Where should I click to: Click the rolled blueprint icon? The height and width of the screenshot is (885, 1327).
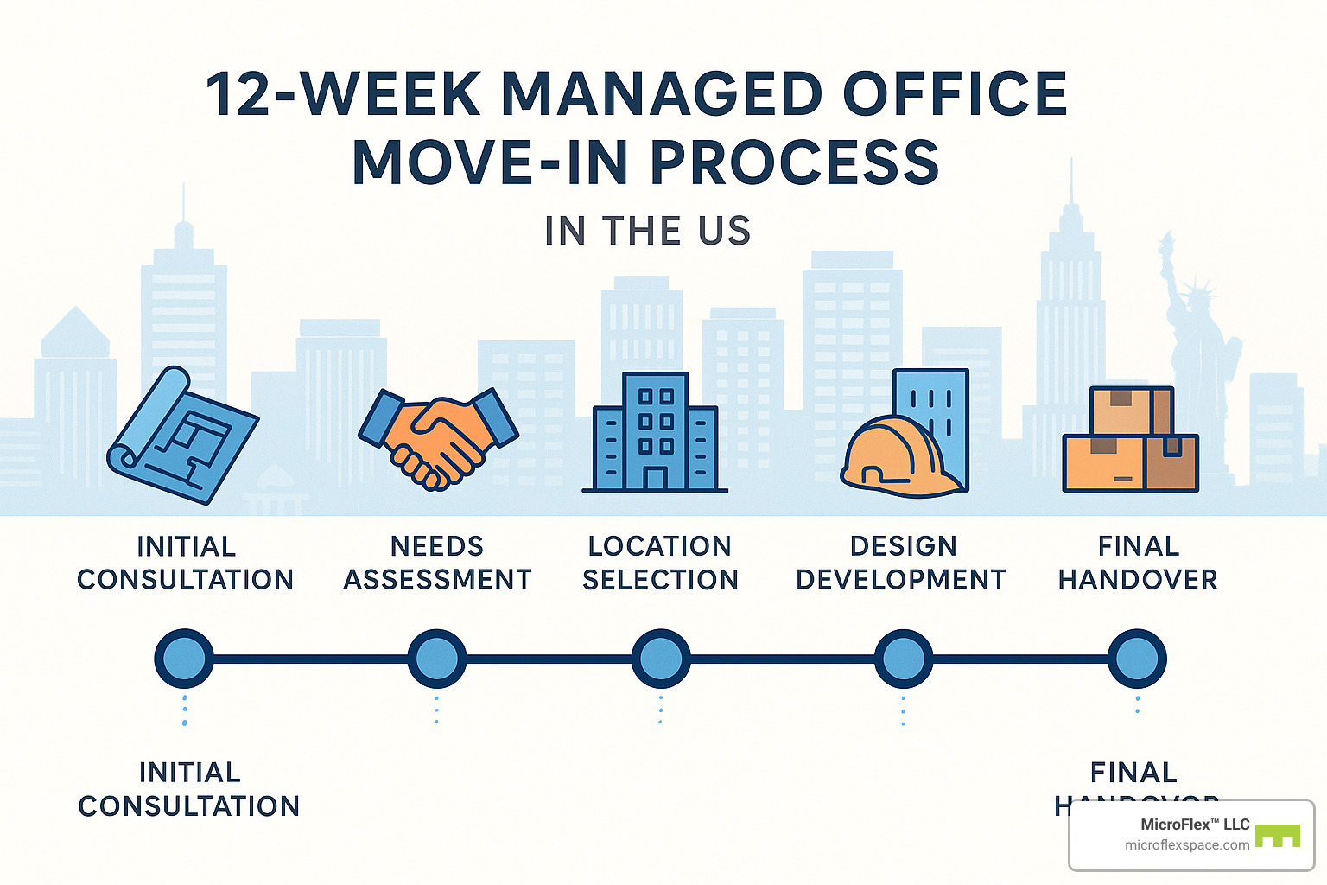pyautogui.click(x=182, y=435)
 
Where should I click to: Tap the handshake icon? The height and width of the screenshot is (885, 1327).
pyautogui.click(x=438, y=437)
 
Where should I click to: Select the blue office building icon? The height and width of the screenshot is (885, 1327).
pyautogui.click(x=655, y=434)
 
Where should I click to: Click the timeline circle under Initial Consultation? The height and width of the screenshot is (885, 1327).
pyautogui.click(x=184, y=659)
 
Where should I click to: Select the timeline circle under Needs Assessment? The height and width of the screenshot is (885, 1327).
pyautogui.click(x=436, y=659)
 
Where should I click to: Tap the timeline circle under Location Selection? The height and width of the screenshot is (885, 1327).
pyautogui.click(x=661, y=659)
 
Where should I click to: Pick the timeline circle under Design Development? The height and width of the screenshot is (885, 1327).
pyautogui.click(x=904, y=659)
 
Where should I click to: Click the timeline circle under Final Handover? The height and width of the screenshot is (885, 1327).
pyautogui.click(x=1137, y=659)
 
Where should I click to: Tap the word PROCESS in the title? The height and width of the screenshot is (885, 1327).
pyautogui.click(x=794, y=162)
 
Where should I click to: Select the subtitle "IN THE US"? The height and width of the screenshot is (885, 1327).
pyautogui.click(x=648, y=231)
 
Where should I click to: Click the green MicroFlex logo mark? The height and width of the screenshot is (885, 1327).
pyautogui.click(x=1277, y=836)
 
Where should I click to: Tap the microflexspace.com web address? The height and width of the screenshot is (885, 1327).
pyautogui.click(x=1186, y=845)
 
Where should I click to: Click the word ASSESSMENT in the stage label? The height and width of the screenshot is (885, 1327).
pyautogui.click(x=437, y=579)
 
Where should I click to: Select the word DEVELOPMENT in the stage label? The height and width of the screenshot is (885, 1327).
pyautogui.click(x=901, y=579)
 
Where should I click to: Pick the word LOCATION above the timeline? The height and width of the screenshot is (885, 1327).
pyautogui.click(x=660, y=546)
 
